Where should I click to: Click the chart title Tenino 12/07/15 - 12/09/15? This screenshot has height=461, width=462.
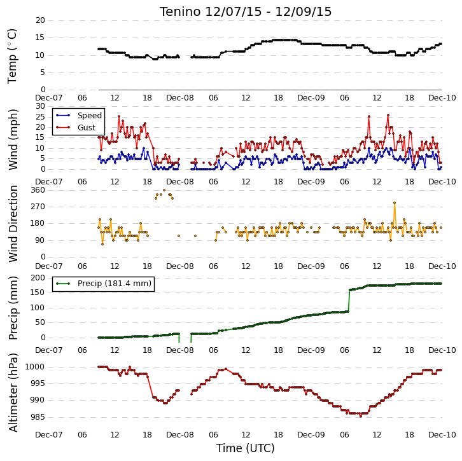tap(246, 12)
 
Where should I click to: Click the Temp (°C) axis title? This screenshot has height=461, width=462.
tap(12, 56)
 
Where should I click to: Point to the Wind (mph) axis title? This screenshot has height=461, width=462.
tap(13, 139)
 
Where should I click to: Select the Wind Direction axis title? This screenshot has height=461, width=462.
tap(13, 223)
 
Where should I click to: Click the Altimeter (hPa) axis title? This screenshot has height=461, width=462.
tap(13, 392)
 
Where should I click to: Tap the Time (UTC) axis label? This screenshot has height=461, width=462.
tap(246, 448)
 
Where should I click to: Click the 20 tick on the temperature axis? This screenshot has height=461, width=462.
tap(40, 20)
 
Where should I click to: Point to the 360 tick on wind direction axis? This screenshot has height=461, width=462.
tap(38, 190)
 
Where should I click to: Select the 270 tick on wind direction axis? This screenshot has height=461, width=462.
tap(38, 207)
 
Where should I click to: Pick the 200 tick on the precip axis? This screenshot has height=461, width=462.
tap(38, 278)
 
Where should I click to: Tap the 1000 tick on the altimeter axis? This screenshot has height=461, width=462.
tap(35, 367)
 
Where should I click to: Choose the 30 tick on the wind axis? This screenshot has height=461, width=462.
tap(40, 106)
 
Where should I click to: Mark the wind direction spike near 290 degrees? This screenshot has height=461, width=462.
tap(395, 203)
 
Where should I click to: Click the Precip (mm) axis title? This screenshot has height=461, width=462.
tap(13, 308)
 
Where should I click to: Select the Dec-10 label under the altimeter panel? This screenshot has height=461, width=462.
tap(442, 435)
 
